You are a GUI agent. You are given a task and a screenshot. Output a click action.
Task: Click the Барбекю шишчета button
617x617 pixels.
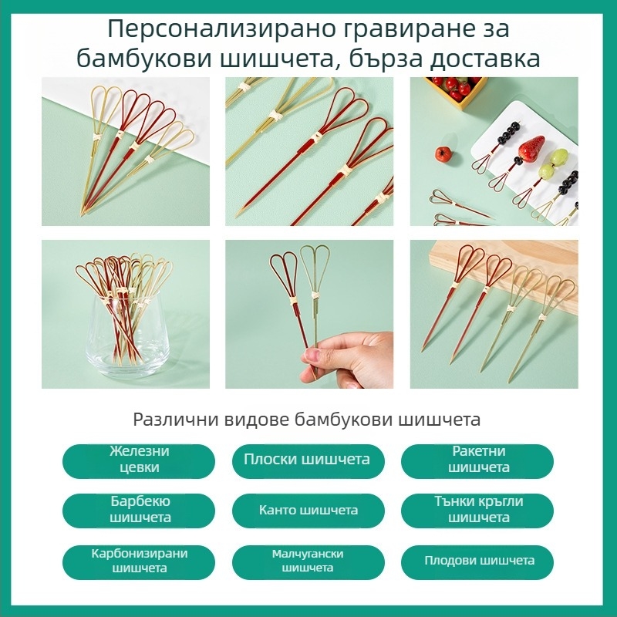tap(139, 511)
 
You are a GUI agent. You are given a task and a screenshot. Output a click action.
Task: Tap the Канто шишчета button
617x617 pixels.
tap(308, 511)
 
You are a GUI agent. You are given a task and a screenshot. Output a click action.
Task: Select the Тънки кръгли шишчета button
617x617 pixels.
tap(477, 511)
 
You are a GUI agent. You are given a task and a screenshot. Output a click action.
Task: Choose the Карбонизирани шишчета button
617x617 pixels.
tap(139, 562)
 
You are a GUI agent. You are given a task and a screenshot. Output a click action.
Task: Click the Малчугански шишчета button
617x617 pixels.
tap(308, 562)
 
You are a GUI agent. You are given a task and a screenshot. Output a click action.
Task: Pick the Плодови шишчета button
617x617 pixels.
tap(477, 562)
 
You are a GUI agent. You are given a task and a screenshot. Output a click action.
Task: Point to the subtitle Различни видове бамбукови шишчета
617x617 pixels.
tap(306, 420)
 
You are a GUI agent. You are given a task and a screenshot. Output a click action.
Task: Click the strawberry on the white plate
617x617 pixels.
tap(531, 149)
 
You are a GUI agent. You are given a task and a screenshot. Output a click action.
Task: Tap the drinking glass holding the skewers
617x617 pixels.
tap(127, 335)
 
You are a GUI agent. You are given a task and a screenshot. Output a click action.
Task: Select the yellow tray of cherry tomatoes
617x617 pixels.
tap(457, 90)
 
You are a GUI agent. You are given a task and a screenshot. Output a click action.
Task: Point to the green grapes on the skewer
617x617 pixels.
tap(552, 164)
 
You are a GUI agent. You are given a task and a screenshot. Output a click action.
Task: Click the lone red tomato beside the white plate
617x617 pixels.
tap(443, 153)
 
